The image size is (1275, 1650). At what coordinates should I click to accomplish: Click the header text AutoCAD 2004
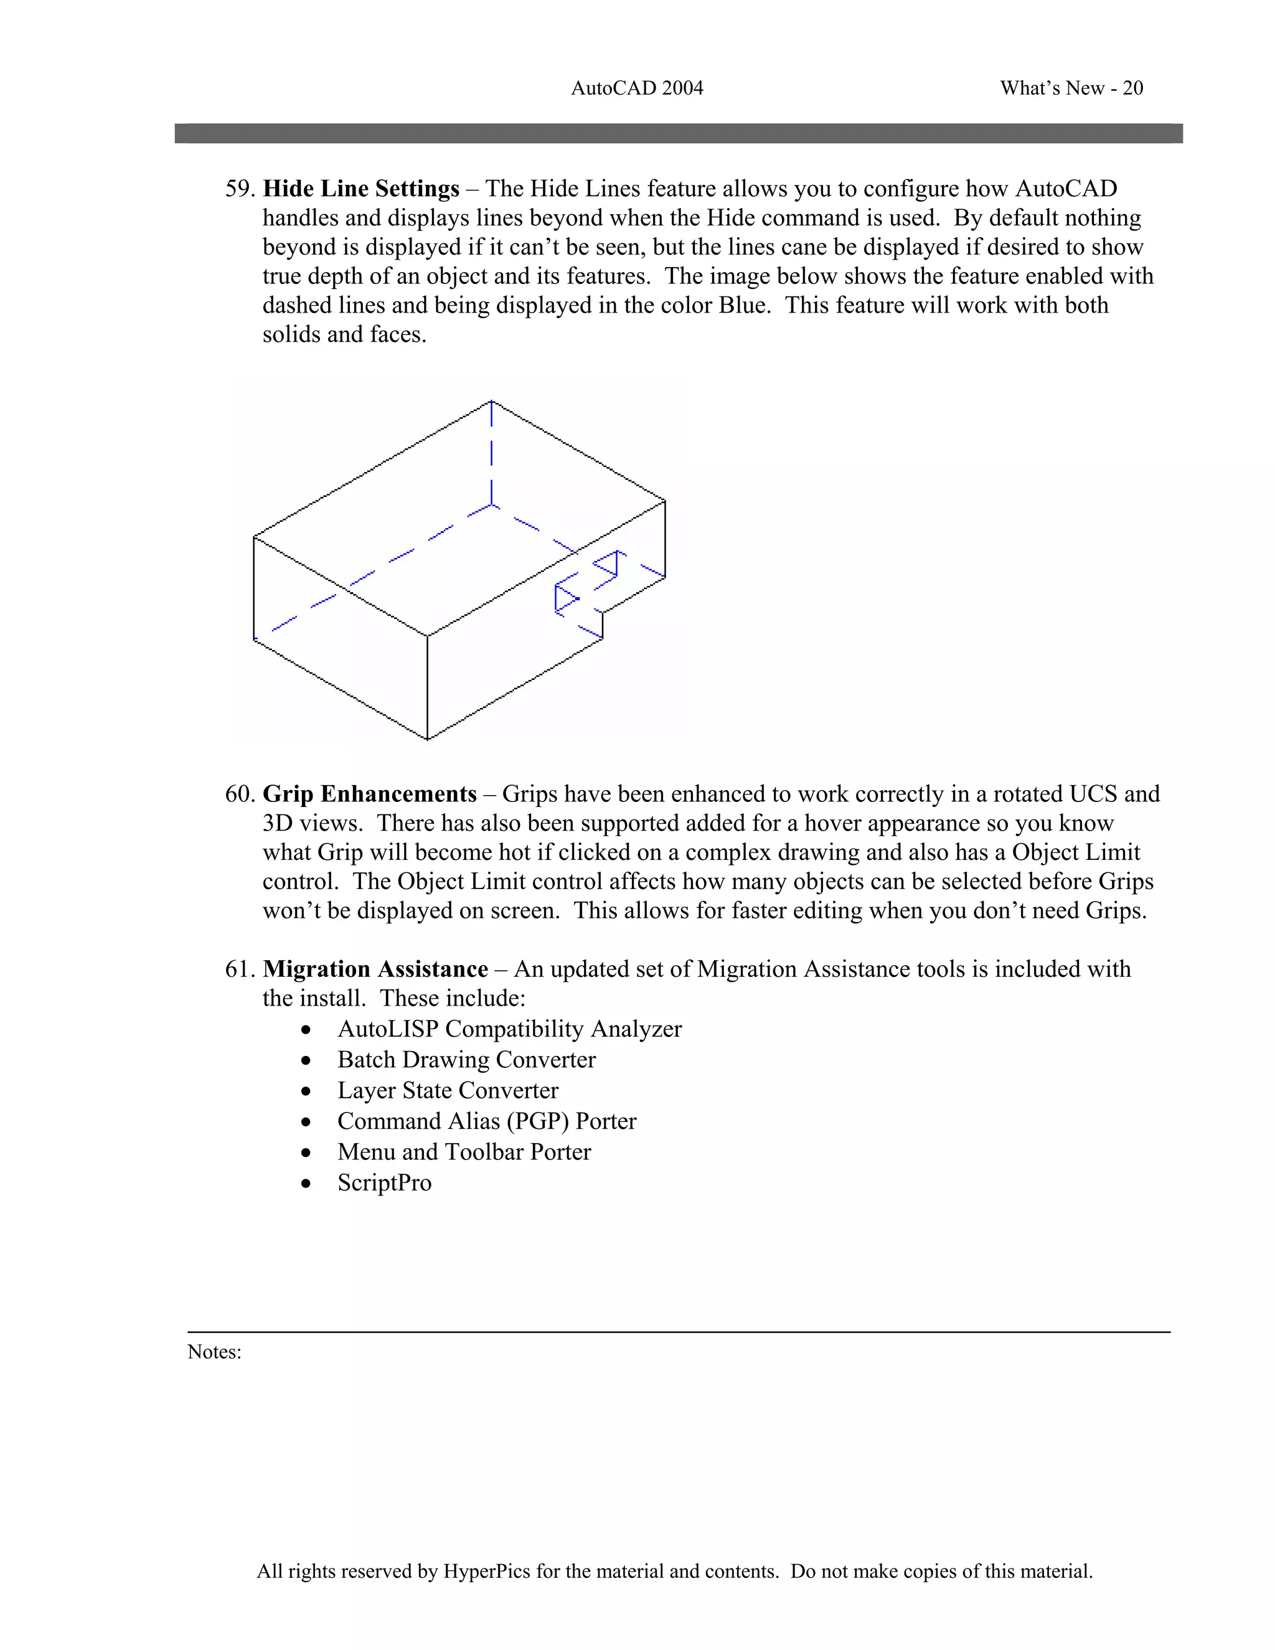point(637,88)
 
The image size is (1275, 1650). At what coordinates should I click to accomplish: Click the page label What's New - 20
point(1071,88)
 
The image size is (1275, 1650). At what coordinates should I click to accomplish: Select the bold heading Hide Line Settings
point(361,188)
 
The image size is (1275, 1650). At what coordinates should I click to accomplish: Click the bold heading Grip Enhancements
point(369,794)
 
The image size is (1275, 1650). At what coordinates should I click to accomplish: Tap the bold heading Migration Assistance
point(375,969)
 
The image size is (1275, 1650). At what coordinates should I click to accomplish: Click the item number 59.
point(240,188)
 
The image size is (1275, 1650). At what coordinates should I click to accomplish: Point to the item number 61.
point(240,969)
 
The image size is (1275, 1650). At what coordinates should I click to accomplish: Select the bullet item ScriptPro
point(385,1183)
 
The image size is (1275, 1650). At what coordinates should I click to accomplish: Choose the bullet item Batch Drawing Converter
point(466,1060)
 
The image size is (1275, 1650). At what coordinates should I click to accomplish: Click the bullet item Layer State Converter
point(448,1091)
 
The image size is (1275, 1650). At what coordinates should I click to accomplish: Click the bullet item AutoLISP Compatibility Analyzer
point(509,1029)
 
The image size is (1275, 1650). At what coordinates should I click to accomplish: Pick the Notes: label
point(215,1352)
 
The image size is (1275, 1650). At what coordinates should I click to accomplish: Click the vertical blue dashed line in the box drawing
point(492,453)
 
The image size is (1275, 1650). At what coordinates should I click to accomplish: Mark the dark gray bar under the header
point(679,134)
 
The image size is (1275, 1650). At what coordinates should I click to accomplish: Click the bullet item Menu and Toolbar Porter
point(464,1152)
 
